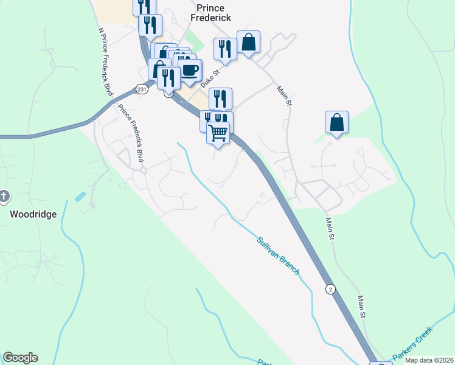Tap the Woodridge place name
(33, 214)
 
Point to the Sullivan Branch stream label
(278, 255)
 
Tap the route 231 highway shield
(142, 89)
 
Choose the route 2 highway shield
(330, 289)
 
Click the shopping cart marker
(218, 131)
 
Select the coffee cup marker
(190, 69)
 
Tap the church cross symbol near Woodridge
(5, 196)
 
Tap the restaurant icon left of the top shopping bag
(225, 48)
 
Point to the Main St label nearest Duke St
(284, 96)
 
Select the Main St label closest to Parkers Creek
(362, 307)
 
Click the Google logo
(20, 358)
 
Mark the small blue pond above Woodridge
(80, 196)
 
